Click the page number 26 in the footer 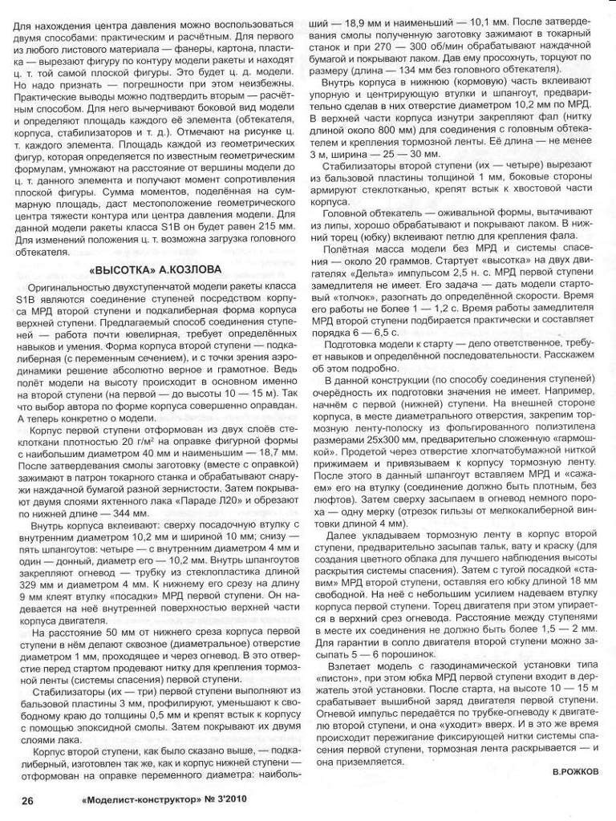tap(26, 800)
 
